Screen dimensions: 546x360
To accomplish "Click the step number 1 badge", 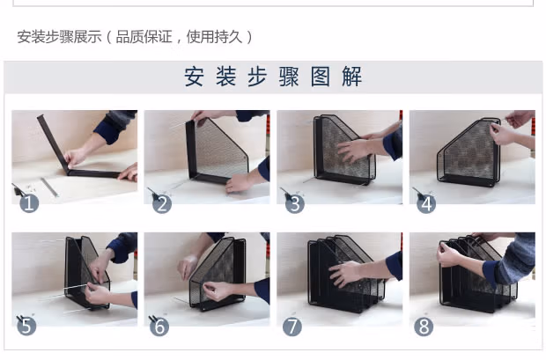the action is tap(29, 203).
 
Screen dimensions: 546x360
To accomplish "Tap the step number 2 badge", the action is tap(162, 203).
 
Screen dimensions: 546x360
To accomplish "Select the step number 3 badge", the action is tap(295, 203).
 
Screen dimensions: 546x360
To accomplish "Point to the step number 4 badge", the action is tap(426, 203).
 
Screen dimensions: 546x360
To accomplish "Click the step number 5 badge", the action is tap(26, 327).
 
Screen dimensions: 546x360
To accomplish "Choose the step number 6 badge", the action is tap(159, 327).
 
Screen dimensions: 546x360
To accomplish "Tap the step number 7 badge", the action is tap(292, 327).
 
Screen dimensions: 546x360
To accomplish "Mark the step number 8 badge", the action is tap(424, 327).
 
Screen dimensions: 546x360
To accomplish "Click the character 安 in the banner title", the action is tap(195, 77).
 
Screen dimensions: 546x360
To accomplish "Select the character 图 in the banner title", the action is tap(321, 77).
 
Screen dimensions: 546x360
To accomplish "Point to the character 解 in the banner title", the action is tap(351, 77).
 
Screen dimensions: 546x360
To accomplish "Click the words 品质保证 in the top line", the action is tap(144, 37).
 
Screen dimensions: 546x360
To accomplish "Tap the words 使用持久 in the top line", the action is tap(215, 37).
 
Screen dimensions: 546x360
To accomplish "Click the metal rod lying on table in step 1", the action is tap(49, 187).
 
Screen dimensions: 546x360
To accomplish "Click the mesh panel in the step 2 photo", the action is tap(220, 148).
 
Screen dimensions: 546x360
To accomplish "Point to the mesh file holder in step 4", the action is tap(469, 152).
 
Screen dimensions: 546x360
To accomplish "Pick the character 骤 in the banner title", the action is tap(289, 77).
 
